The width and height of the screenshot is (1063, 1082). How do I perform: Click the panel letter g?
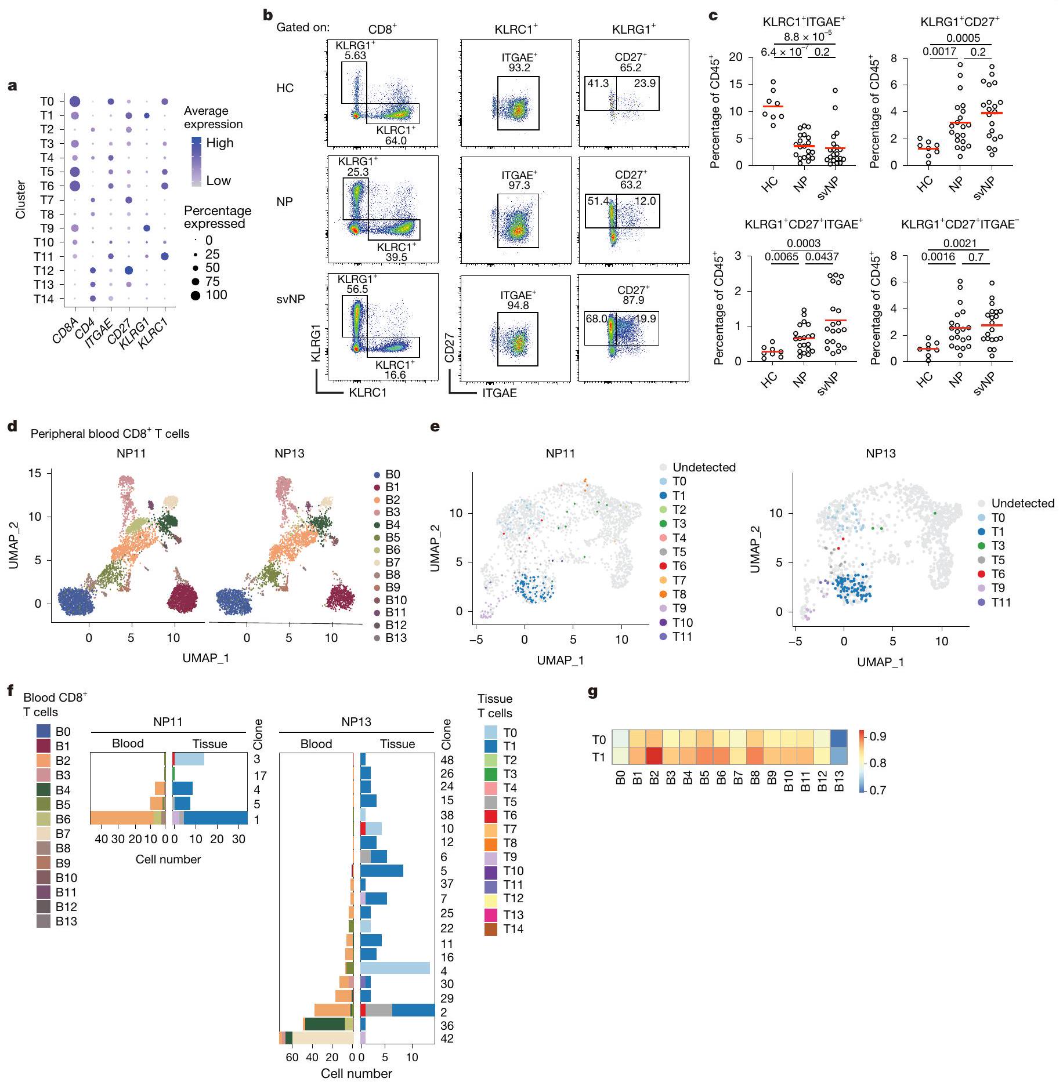[x=592, y=692]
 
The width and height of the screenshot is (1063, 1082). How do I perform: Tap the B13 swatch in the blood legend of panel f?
[x=44, y=921]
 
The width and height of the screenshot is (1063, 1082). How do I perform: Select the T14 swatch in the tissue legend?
[x=491, y=928]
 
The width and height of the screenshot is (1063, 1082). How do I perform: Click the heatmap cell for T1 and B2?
[x=655, y=757]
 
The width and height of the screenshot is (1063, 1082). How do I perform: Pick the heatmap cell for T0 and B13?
[x=838, y=740]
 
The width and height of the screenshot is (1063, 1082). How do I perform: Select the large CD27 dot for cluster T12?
[x=129, y=271]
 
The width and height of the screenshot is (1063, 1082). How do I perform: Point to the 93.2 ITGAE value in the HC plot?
[x=518, y=67]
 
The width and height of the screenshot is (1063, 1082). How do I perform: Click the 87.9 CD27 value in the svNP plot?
[x=633, y=300]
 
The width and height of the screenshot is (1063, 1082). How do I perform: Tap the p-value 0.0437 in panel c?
[x=822, y=256]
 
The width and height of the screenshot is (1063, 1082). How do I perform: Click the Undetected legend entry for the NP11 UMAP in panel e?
[x=703, y=467]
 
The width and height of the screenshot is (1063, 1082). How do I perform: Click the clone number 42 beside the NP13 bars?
[x=447, y=1039]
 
